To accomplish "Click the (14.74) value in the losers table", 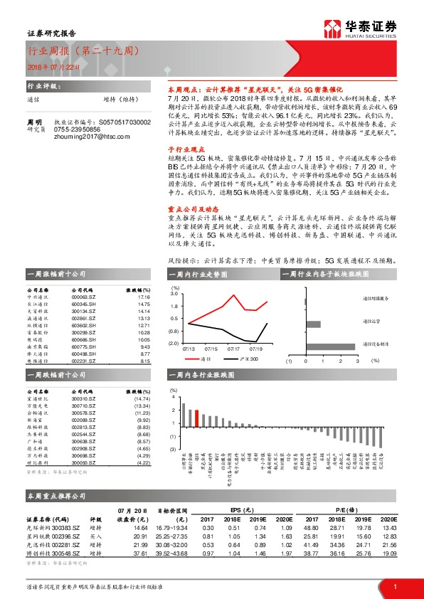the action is [x=143, y=399].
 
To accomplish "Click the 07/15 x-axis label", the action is [x=211, y=349].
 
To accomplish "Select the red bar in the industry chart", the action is [x=196, y=418].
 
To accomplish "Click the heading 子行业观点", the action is [x=173, y=161].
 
